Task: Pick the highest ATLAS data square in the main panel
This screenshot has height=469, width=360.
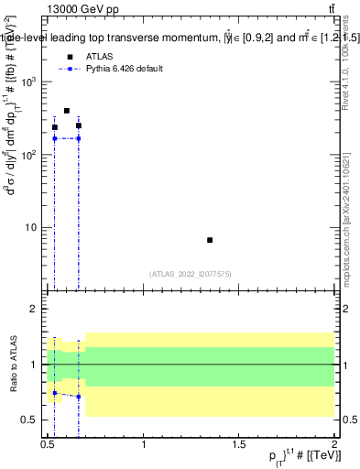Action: coord(67,111)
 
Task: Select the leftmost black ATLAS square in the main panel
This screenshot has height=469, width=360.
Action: coord(55,127)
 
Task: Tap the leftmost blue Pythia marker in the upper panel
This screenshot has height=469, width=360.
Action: coord(55,138)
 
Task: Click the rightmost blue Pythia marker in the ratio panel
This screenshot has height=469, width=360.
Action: coord(79,397)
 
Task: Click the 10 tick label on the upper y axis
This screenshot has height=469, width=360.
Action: coord(31,227)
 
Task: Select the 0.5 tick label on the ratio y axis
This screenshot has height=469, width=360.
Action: coord(30,420)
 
